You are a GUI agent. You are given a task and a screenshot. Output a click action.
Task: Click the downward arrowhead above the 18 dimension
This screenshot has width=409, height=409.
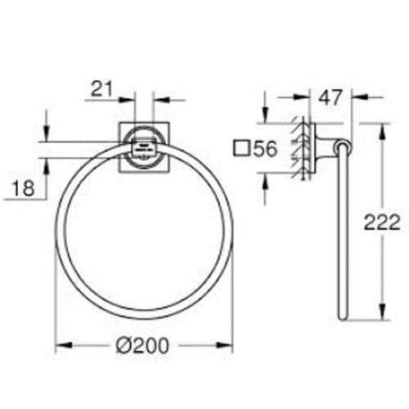47,136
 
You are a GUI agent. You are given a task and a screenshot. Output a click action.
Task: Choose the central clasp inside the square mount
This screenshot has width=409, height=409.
143,149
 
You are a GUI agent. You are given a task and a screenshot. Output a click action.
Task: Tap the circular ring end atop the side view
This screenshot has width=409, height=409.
344,147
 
